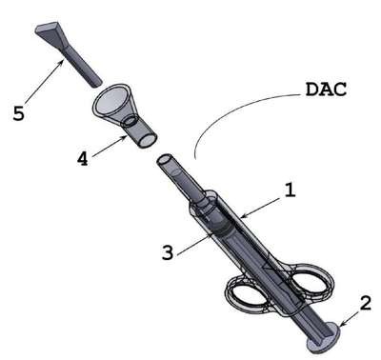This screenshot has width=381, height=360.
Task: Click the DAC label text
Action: (326, 90)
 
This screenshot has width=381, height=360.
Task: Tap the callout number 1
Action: (290, 190)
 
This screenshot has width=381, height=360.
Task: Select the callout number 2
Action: (366, 303)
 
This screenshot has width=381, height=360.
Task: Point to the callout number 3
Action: (168, 252)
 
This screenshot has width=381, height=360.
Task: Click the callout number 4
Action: (83, 158)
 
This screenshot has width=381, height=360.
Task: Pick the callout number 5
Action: (18, 113)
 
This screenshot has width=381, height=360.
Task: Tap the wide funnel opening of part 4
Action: (112, 101)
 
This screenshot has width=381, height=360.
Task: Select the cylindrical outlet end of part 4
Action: (142, 136)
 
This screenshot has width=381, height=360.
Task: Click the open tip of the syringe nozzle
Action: (167, 159)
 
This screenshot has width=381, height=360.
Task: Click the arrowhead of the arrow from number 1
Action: (244, 216)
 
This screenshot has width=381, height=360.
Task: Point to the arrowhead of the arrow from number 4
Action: (124, 138)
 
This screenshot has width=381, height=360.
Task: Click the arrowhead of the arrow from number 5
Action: (60, 64)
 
